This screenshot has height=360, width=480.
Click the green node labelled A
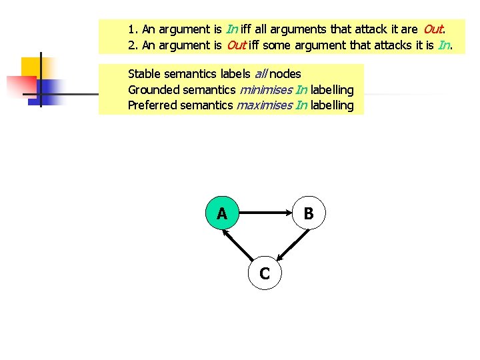(x=222, y=213)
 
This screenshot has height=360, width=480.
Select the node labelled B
(x=309, y=213)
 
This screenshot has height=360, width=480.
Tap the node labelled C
(x=265, y=273)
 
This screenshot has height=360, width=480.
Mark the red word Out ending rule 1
(x=433, y=29)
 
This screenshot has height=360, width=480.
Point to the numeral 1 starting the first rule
(x=131, y=29)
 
